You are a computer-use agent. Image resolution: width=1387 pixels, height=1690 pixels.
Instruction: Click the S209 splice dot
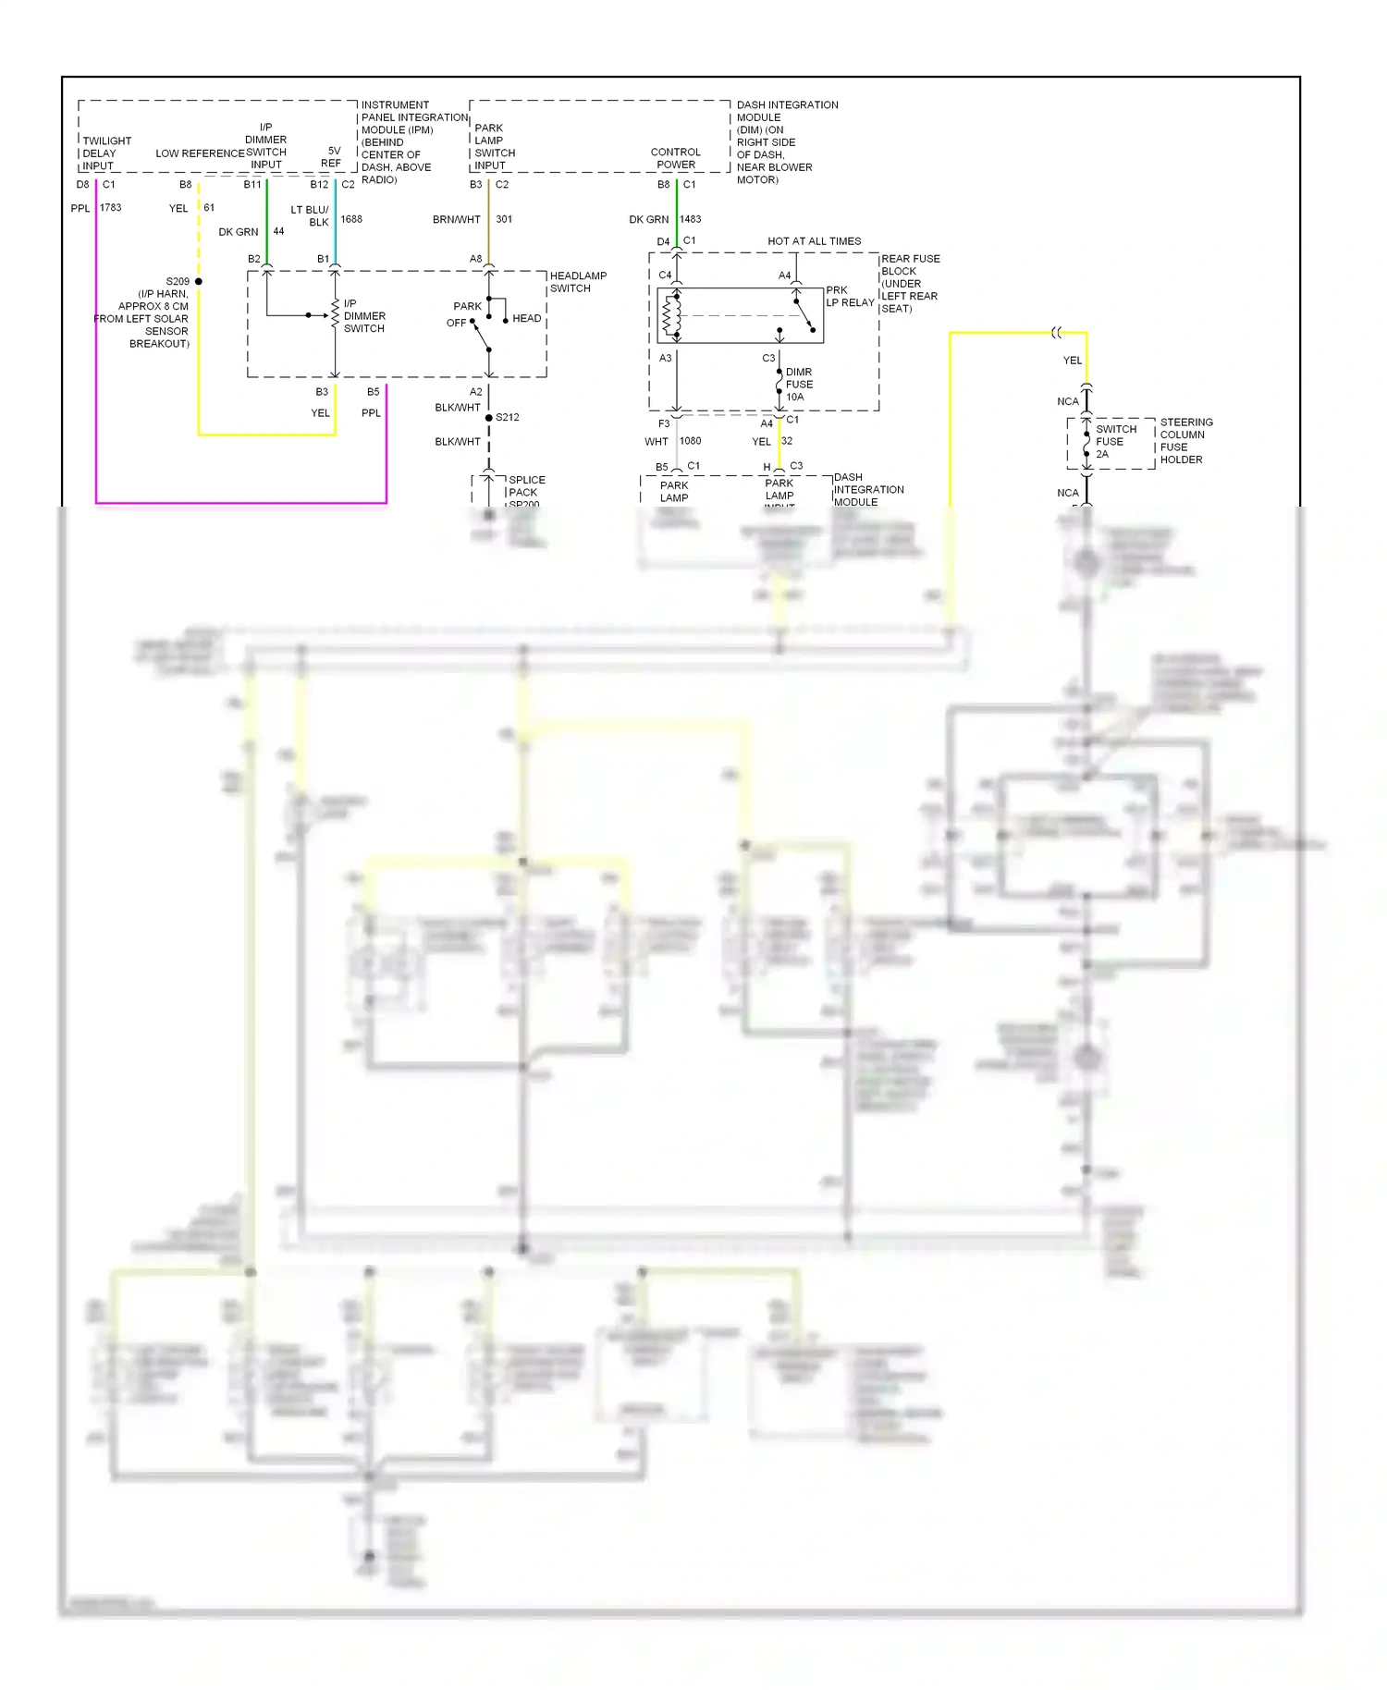click(198, 281)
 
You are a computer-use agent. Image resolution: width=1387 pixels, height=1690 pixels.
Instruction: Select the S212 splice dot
click(488, 418)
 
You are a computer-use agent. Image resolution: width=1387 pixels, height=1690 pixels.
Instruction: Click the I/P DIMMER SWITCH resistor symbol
click(335, 314)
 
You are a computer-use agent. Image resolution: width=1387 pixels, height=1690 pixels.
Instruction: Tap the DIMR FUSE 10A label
click(799, 385)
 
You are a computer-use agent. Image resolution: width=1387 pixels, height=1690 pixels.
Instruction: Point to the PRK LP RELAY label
click(849, 297)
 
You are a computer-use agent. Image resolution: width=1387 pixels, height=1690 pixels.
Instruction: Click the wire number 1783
click(111, 208)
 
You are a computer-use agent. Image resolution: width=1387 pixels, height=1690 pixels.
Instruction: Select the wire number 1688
click(351, 220)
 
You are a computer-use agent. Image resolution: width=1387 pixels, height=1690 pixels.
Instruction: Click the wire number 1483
click(691, 220)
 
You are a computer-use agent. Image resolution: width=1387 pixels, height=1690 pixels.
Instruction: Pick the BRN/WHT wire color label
click(456, 220)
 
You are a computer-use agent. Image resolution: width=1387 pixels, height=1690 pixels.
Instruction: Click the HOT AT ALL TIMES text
click(814, 242)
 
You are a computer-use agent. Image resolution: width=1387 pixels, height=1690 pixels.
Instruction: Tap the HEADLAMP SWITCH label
click(578, 282)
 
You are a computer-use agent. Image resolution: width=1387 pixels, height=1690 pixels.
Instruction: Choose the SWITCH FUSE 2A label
click(1115, 442)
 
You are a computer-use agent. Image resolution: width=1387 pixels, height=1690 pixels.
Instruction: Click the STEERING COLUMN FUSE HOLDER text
click(1185, 441)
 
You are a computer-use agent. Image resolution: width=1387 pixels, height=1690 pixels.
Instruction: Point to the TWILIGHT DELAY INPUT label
click(106, 153)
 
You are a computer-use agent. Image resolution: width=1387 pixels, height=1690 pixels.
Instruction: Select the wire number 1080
click(691, 442)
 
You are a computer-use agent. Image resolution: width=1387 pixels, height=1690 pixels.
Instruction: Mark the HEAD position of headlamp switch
click(526, 319)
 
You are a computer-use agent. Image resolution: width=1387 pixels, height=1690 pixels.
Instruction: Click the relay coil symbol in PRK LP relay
click(671, 316)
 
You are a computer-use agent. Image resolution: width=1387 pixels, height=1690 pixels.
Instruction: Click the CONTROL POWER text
click(675, 158)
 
